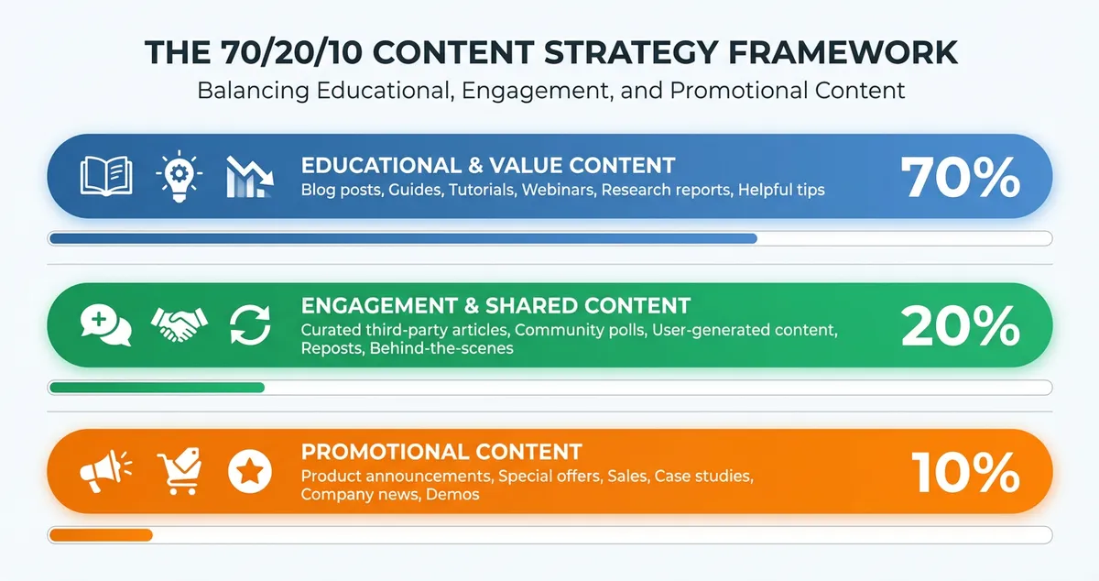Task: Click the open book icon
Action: click(x=106, y=176)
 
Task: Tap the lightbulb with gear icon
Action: click(x=179, y=176)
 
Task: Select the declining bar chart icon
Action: click(x=249, y=177)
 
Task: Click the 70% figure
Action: click(x=960, y=177)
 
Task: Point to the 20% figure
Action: click(x=960, y=325)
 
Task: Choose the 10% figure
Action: click(x=965, y=473)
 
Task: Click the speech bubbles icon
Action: click(x=106, y=325)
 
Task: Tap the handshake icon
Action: click(x=179, y=324)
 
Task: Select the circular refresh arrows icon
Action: click(x=250, y=325)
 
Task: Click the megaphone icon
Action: click(x=104, y=472)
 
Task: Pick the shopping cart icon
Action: click(x=179, y=473)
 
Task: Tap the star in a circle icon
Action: click(x=250, y=473)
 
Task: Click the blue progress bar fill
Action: click(x=403, y=239)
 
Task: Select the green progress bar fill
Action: click(x=156, y=388)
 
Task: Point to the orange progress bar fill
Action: click(x=101, y=535)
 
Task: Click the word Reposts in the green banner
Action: click(x=332, y=348)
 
